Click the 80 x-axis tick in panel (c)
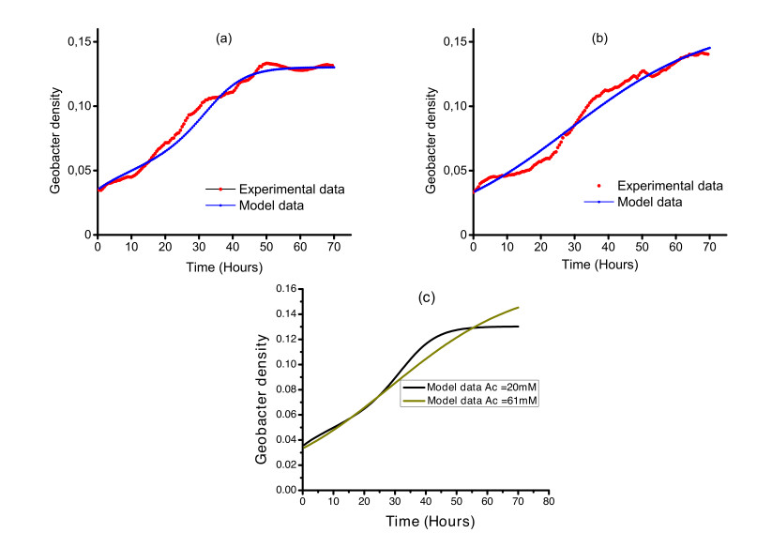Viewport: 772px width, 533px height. point(550,503)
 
